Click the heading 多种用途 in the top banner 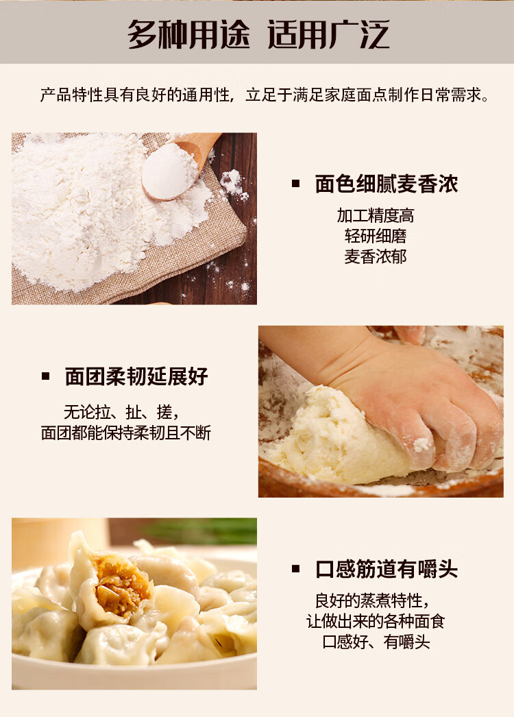click(x=188, y=34)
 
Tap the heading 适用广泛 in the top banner click(x=328, y=34)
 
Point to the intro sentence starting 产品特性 click(x=265, y=95)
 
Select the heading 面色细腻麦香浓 click(x=386, y=184)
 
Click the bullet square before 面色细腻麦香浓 click(x=296, y=184)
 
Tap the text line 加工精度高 click(x=376, y=215)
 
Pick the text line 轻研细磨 click(x=376, y=236)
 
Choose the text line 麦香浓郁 click(x=376, y=256)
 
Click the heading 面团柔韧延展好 click(x=136, y=376)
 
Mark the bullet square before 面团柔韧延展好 click(x=45, y=376)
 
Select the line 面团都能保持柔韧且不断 click(x=125, y=433)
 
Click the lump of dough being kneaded click(x=339, y=439)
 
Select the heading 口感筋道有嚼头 click(x=386, y=570)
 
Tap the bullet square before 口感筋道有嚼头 click(x=296, y=570)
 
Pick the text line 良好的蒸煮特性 click(x=372, y=600)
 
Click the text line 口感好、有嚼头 click(x=376, y=642)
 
